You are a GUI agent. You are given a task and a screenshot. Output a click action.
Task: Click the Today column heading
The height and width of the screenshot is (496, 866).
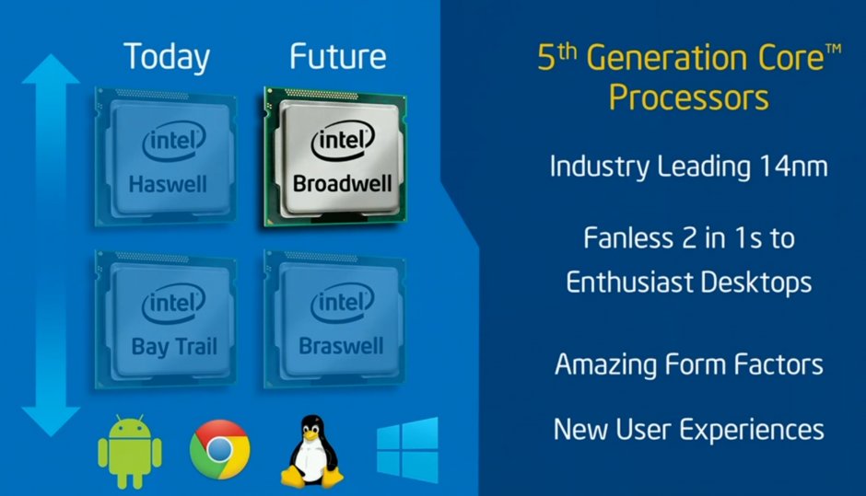point(167,57)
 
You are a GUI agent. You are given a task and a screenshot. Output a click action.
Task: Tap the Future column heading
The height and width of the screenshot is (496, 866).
point(338,56)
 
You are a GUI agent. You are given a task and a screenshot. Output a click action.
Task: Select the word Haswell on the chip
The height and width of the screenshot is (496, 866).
point(168,184)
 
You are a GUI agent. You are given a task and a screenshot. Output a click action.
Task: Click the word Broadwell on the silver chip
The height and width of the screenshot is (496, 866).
point(343,184)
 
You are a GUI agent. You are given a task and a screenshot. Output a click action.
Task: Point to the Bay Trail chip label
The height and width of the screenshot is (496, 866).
point(174,347)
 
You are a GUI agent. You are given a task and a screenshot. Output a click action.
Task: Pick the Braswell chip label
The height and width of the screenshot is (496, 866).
point(341,346)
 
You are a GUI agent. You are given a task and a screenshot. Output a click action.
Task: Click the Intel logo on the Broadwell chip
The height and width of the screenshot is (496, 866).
point(343,141)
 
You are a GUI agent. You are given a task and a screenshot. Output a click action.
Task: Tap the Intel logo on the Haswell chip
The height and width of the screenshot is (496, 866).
point(174,141)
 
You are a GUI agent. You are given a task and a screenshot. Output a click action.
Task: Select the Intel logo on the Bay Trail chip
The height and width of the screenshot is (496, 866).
point(174,303)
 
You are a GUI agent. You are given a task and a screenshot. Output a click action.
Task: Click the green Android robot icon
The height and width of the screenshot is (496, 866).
point(130,452)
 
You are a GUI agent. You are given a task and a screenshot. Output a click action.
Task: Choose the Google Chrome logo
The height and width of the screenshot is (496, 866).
point(220,450)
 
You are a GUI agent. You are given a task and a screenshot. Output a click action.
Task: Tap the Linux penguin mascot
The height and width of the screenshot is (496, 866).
point(312,451)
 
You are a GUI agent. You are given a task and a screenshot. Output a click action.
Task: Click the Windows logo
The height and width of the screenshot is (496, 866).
point(407,450)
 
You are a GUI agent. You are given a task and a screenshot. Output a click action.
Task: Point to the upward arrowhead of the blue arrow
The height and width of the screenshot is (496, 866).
point(51,70)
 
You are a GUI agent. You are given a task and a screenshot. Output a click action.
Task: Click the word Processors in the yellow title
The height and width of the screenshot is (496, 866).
point(689,98)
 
